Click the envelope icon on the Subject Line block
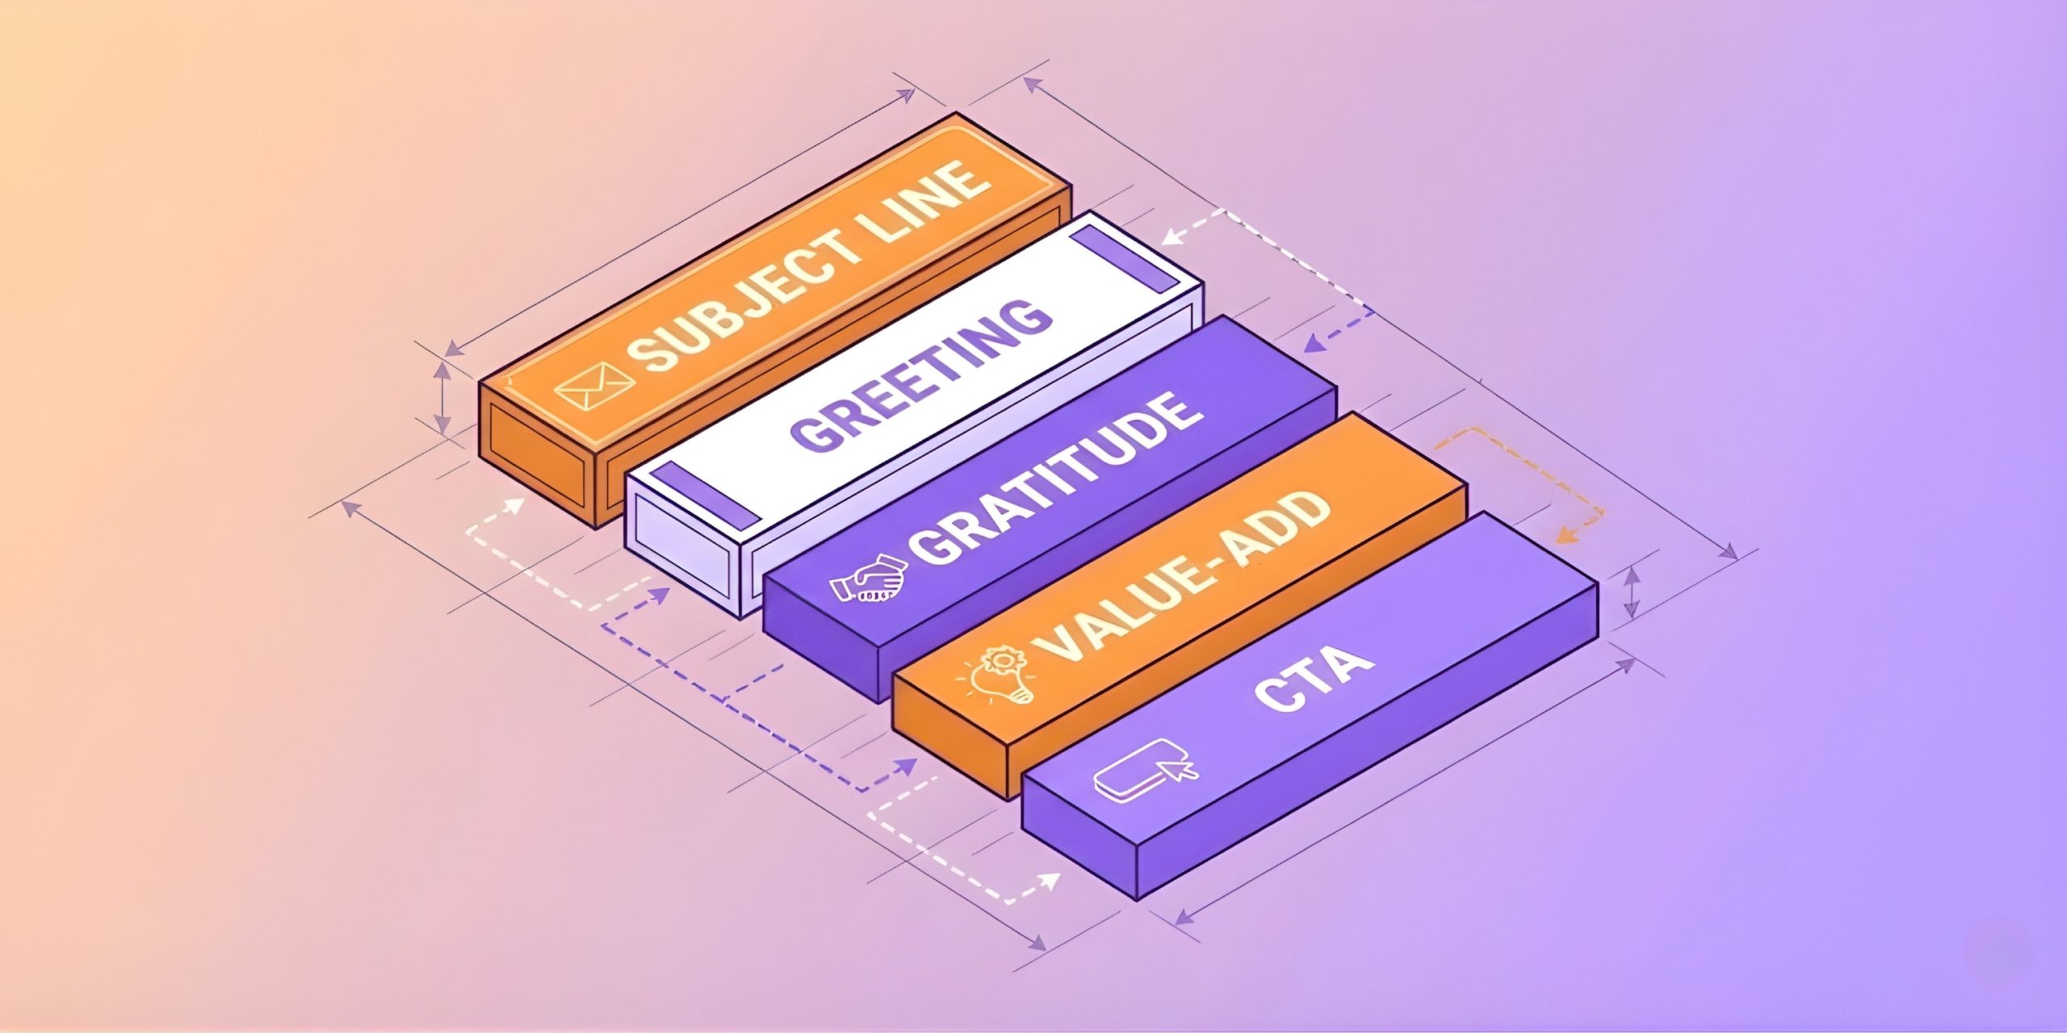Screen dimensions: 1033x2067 pyautogui.click(x=584, y=388)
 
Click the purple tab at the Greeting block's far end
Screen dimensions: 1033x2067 pyautogui.click(x=1124, y=257)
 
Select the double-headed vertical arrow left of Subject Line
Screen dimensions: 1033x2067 pyautogui.click(x=441, y=397)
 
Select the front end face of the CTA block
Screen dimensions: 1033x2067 pyautogui.click(x=1080, y=835)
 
